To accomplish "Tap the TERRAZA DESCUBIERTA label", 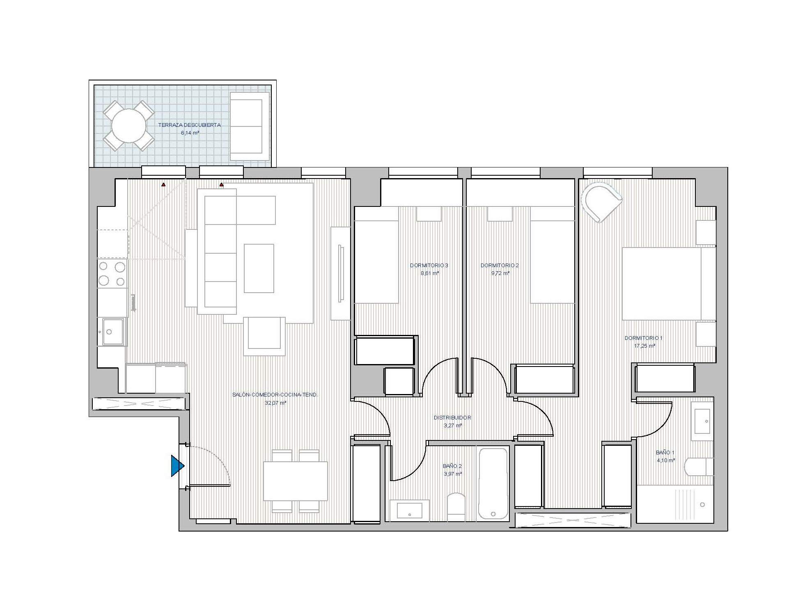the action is click(190, 125).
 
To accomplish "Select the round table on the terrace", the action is click(129, 126).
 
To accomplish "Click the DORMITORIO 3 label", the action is click(429, 265).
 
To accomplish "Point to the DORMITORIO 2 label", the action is click(500, 265).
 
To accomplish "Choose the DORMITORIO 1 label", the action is click(644, 338).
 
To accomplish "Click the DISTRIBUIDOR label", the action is click(452, 417).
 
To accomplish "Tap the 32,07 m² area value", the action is click(276, 403).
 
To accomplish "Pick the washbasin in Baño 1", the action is click(702, 421).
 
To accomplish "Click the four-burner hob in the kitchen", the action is click(112, 274).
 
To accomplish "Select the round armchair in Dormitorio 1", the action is click(602, 202).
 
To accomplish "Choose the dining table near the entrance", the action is click(295, 481).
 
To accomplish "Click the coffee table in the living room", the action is click(259, 268).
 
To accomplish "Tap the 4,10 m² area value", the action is click(665, 460).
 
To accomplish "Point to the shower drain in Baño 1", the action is click(702, 504).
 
